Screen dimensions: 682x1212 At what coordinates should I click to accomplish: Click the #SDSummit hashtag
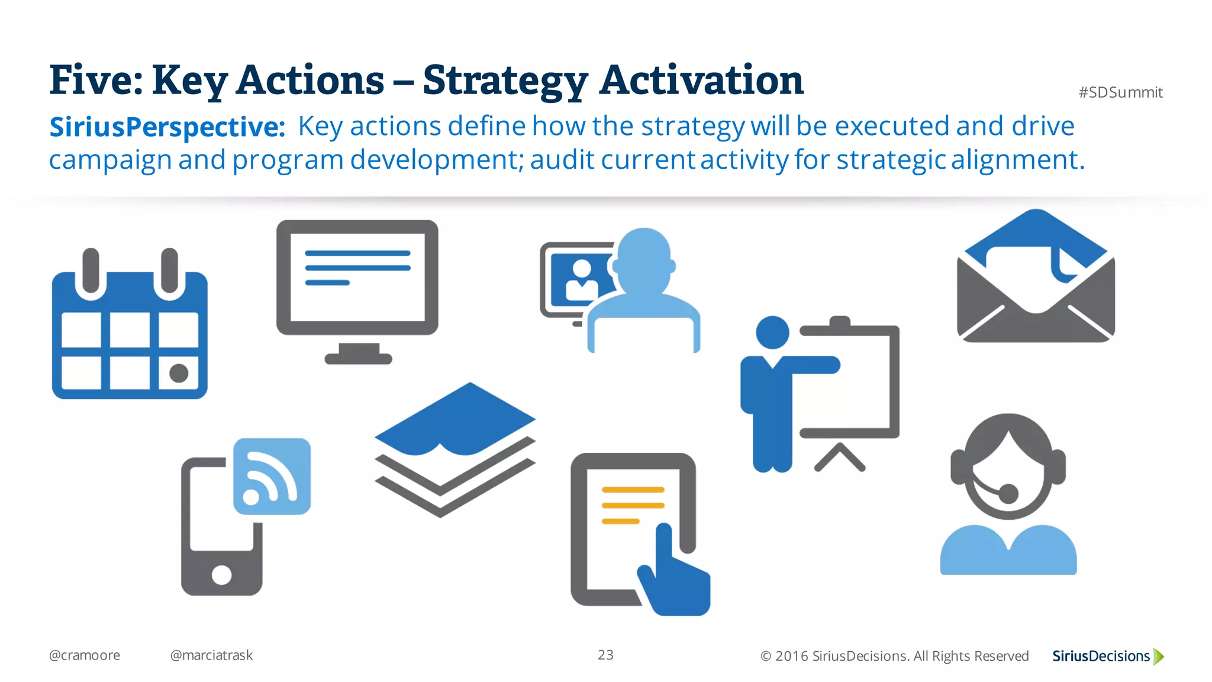tap(1120, 92)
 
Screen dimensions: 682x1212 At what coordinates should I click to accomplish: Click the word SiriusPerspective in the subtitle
tap(167, 127)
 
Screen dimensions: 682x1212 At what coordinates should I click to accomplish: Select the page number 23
tap(605, 655)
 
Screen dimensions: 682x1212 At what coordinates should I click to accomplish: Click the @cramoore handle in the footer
tap(85, 655)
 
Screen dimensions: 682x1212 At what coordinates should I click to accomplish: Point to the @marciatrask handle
tap(211, 655)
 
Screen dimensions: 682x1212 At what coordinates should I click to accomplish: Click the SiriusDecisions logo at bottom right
tap(1101, 656)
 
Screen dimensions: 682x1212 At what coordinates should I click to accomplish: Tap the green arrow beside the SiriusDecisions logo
tap(1159, 656)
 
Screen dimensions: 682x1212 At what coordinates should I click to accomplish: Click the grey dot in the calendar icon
tap(179, 373)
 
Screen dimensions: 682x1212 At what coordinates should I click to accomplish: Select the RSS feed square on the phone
tap(272, 477)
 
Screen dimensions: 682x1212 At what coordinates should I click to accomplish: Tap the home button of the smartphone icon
tap(221, 574)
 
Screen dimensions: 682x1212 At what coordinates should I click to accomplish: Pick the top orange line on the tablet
tap(633, 490)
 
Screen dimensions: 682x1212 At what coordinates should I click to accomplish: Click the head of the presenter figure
tap(772, 332)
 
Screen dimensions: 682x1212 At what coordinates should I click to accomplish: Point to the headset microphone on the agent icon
tap(1008, 493)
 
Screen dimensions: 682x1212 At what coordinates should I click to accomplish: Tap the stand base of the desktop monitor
tap(359, 358)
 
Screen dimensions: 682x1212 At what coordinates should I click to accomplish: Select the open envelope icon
tap(1036, 278)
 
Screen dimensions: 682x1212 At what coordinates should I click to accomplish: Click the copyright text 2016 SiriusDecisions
tap(894, 656)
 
